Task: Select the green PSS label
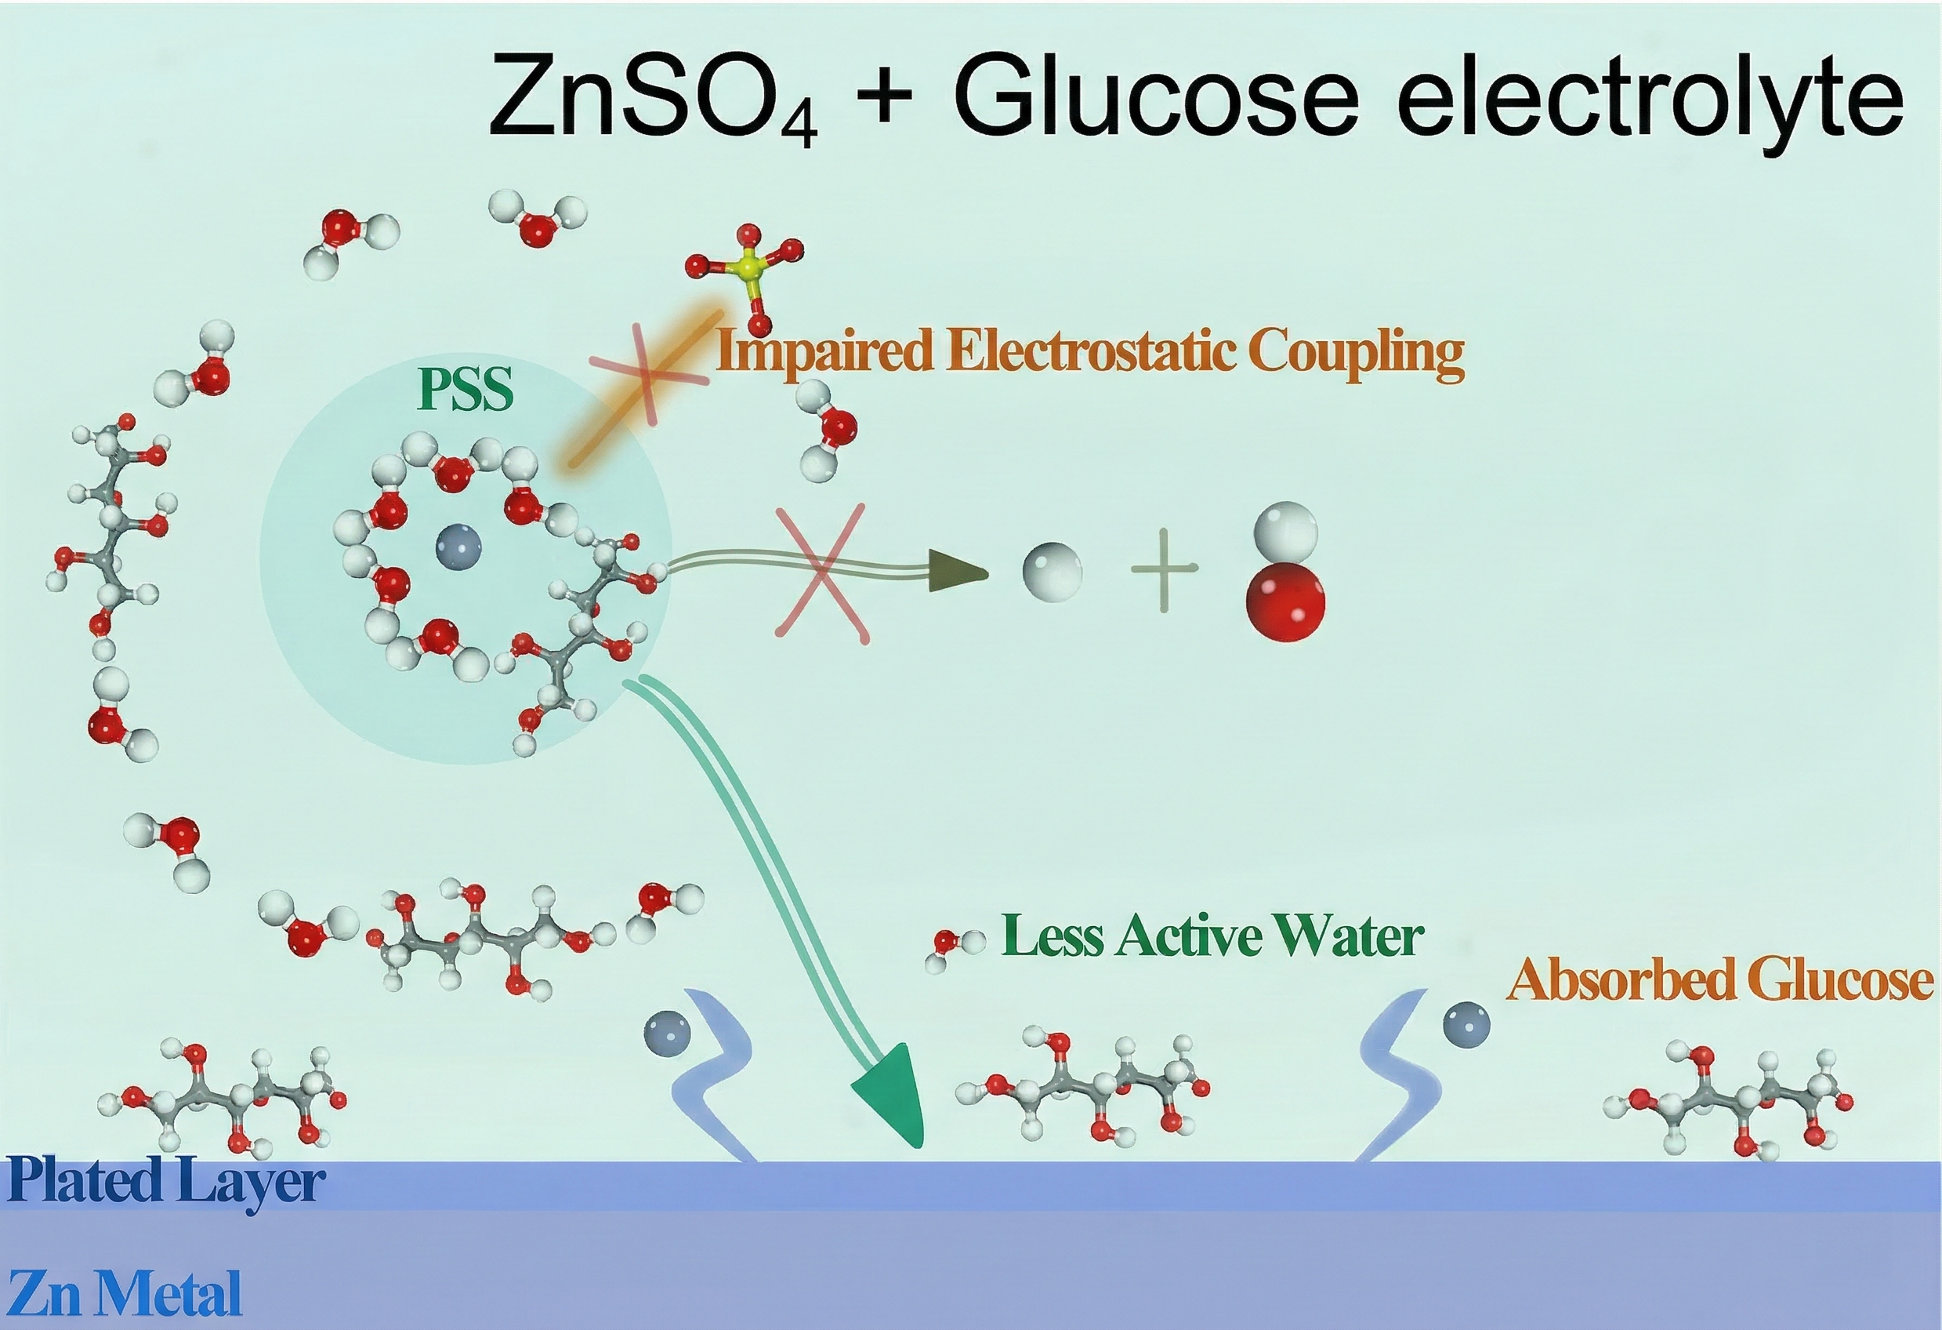(466, 390)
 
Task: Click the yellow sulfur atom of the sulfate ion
(752, 268)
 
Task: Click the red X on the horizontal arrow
(823, 573)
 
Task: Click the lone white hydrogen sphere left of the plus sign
(1052, 570)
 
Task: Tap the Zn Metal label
(125, 1293)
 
